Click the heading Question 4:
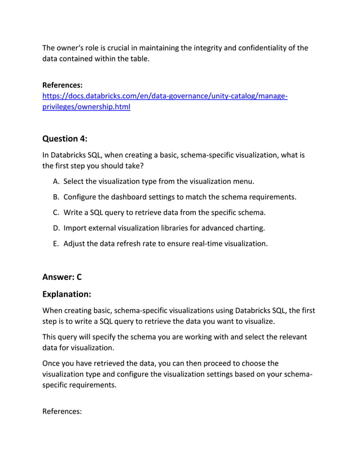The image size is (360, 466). [x=65, y=138]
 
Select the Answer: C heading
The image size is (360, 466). [x=62, y=276]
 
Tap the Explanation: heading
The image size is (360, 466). [x=67, y=294]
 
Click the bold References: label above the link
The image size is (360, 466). [x=63, y=85]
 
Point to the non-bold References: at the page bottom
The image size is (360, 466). [x=62, y=411]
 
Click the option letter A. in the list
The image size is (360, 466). [x=56, y=181]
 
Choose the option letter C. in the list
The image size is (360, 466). [x=56, y=213]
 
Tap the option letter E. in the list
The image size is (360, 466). [x=56, y=244]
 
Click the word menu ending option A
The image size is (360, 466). [x=243, y=181]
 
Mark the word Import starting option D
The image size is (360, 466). [x=76, y=228]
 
